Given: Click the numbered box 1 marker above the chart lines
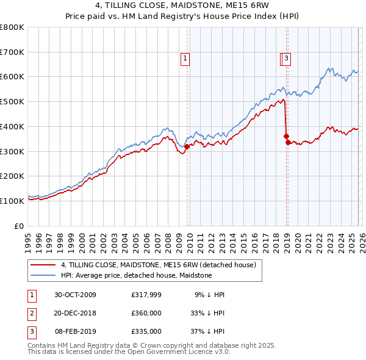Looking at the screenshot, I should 185,59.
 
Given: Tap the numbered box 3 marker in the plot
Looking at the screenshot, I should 286,59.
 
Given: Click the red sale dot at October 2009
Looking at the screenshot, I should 187,146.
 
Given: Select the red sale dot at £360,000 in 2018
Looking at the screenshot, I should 286,136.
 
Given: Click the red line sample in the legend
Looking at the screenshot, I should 43,265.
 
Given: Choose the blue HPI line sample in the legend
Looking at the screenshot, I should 43,275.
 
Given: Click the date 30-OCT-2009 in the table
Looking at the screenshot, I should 75,295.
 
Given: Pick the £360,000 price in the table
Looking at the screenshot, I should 146,313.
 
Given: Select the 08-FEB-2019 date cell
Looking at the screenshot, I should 75,331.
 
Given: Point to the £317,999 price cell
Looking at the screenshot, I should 146,295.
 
